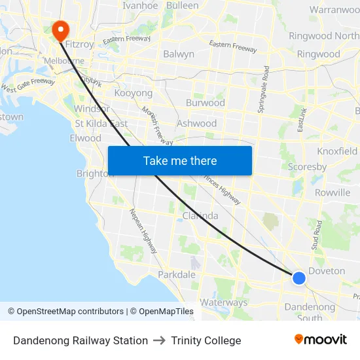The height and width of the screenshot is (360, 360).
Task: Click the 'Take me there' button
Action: pos(179,160)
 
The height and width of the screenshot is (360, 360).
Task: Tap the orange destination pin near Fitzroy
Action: pos(60,29)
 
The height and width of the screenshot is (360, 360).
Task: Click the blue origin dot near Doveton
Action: pos(298,278)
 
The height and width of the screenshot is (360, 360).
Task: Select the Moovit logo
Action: pos(320,339)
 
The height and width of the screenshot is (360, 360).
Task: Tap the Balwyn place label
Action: pos(179,54)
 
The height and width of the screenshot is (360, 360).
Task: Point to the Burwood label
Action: pos(205,103)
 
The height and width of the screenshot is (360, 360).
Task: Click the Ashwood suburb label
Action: pos(196,123)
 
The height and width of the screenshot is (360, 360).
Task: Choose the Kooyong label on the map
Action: pos(133,93)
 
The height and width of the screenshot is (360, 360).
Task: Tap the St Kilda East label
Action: pos(101,123)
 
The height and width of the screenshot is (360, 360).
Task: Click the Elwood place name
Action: pos(85,138)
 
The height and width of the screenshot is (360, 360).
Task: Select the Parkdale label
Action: pos(176,274)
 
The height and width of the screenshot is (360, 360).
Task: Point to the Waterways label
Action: pos(224,302)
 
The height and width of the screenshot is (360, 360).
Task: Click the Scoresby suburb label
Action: pos(307,167)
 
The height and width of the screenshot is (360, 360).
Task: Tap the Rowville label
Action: pos(332,192)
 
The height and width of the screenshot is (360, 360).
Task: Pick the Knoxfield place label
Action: pos(337,151)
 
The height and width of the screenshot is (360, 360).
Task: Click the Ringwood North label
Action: pos(323,36)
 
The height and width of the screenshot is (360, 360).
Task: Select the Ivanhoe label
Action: pos(140,5)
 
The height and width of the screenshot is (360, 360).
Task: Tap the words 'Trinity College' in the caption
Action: pos(206,340)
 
